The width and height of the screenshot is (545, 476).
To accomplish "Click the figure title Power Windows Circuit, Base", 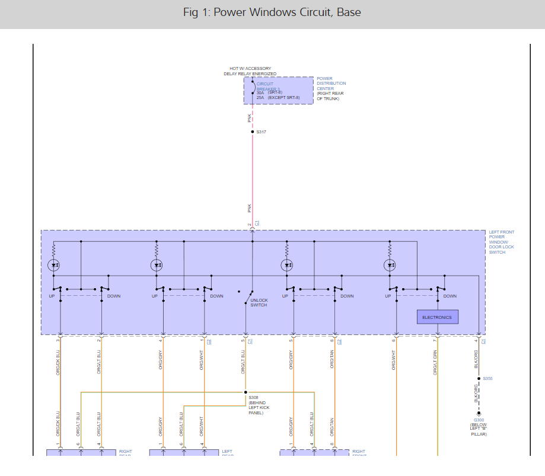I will tap(272, 12).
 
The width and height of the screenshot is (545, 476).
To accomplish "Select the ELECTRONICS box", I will tap(437, 317).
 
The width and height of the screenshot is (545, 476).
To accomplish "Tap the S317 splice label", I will tap(261, 132).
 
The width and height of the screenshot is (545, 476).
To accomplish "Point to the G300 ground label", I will tap(479, 420).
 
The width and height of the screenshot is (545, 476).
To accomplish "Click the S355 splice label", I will tap(487, 378).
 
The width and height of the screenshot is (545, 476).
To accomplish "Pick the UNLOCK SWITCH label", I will tap(259, 302).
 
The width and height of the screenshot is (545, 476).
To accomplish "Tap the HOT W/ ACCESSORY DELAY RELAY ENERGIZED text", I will tap(250, 71).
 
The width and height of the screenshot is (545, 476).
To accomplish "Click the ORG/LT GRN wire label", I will tap(435, 361).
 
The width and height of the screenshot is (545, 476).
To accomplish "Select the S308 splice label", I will tap(253, 398).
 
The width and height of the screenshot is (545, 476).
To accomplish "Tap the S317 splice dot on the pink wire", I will tap(252, 132).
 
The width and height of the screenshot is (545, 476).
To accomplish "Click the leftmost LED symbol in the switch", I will tap(54, 265).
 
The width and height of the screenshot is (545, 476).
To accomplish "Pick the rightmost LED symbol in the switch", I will tap(390, 265).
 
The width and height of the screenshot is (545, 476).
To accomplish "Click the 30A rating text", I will tap(260, 92).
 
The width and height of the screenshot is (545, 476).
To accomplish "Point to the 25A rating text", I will tap(260, 97).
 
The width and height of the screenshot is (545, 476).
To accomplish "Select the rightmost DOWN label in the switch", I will tap(450, 296).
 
